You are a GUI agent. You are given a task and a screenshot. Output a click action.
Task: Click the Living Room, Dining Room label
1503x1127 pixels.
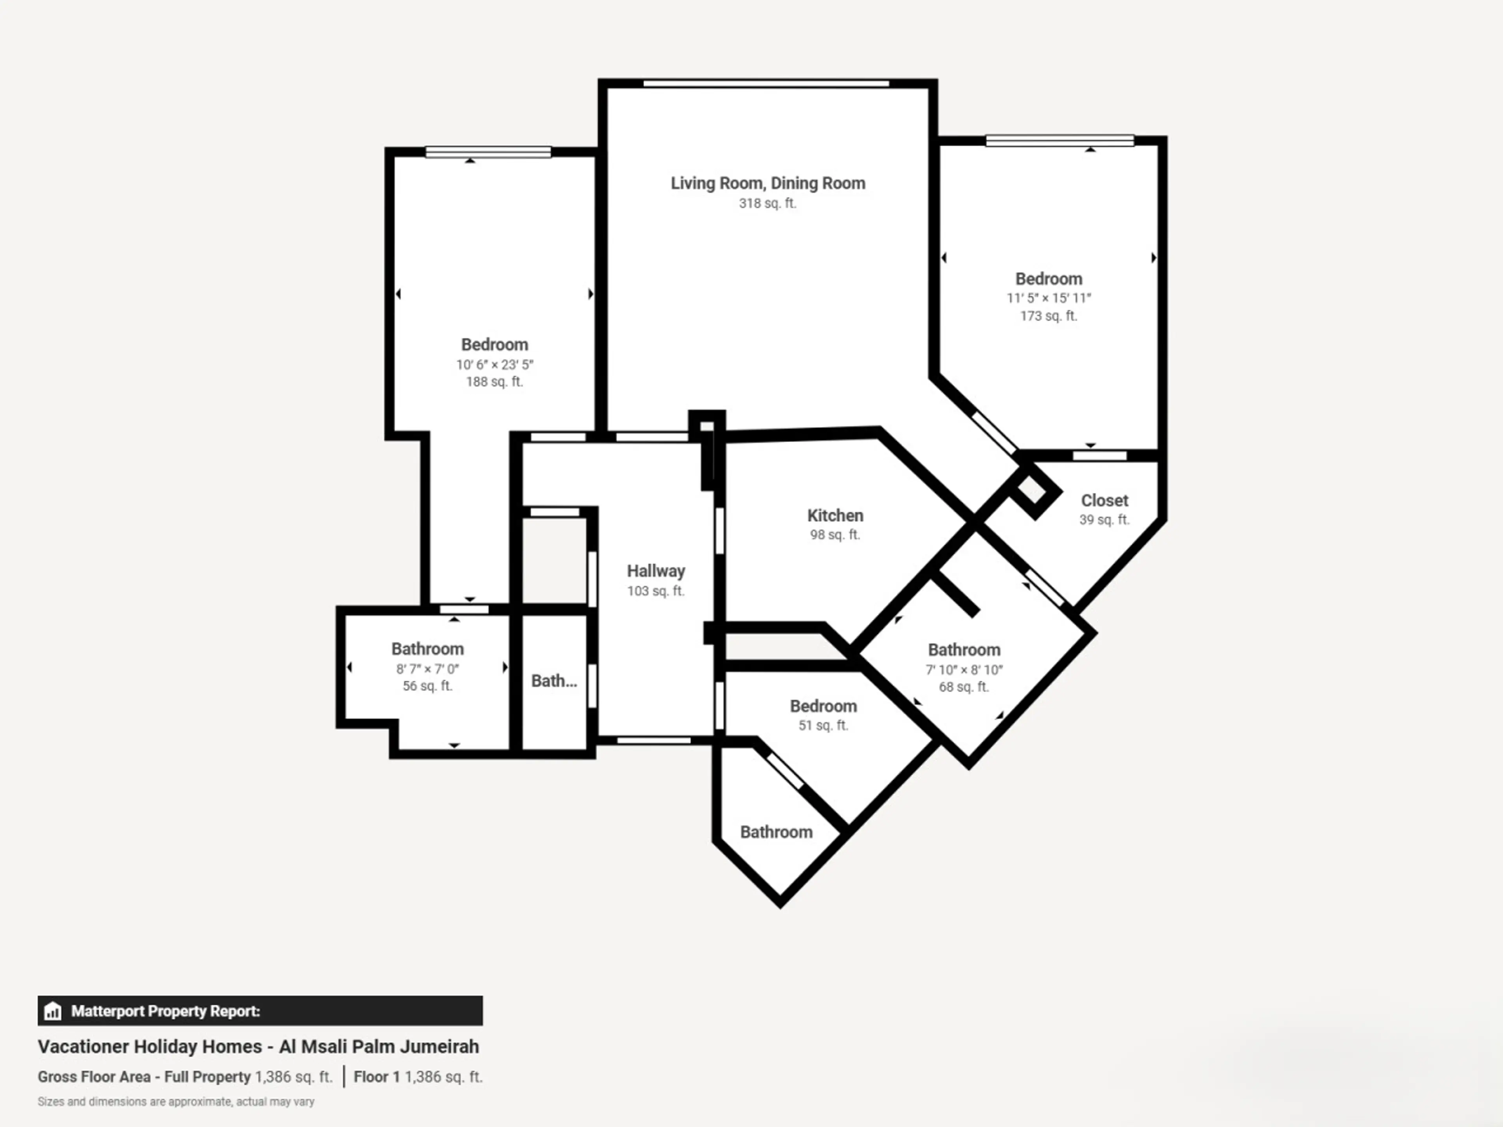(768, 184)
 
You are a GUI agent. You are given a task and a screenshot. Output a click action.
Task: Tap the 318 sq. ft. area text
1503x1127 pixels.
(768, 203)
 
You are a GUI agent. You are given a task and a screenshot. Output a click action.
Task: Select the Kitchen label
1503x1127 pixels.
(835, 516)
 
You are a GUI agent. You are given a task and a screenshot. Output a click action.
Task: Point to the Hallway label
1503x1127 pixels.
(656, 571)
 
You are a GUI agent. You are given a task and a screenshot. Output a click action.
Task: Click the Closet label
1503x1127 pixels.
(1104, 500)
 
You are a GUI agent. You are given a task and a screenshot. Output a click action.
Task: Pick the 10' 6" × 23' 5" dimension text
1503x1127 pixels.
(495, 365)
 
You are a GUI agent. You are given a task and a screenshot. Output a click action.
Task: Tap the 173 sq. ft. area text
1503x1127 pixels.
(1049, 316)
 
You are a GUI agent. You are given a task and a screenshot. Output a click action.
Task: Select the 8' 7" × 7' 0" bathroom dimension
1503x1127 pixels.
(427, 669)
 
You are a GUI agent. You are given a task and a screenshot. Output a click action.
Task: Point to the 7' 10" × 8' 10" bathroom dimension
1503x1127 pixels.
(964, 670)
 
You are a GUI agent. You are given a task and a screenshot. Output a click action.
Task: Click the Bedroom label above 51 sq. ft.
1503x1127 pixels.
(823, 706)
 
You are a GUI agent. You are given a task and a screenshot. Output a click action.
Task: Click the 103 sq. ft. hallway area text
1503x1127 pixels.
(656, 591)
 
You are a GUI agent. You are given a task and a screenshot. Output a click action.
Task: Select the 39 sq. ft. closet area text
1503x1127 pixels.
(1104, 520)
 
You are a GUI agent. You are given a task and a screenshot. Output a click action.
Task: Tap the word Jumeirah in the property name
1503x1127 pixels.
(439, 1047)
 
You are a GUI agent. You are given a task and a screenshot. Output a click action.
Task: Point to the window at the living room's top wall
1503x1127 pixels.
(766, 84)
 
